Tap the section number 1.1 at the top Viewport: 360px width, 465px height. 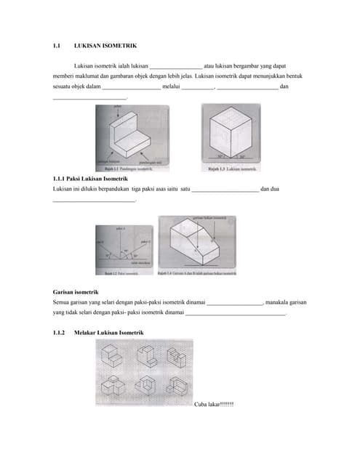pyautogui.click(x=58, y=45)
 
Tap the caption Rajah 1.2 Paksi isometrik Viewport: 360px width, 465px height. pyautogui.click(x=123, y=272)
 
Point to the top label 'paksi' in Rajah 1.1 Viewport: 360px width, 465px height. pyautogui.click(x=119, y=107)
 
